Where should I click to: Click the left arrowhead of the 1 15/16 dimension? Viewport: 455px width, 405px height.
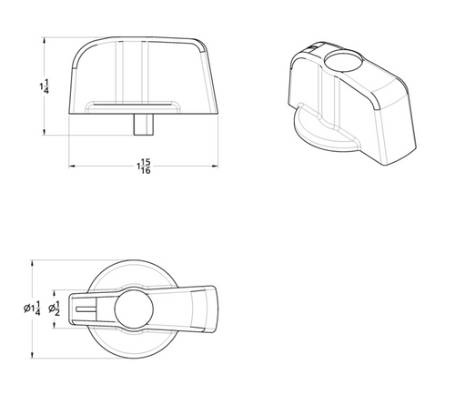tap(71, 166)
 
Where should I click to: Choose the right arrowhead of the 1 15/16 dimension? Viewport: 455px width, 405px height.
tap(215, 166)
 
